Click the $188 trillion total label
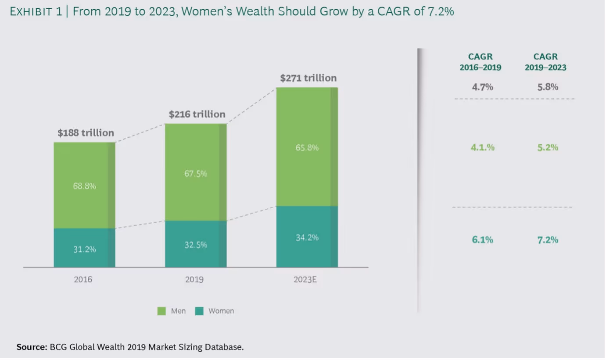coord(86,133)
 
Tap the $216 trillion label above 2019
coord(197,114)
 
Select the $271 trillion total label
coord(308,78)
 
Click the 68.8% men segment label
coord(84,186)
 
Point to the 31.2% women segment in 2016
coord(84,249)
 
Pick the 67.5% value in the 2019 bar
coord(196,174)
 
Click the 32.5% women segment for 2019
coord(196,245)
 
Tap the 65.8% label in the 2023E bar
coord(307,148)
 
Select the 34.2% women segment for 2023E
coord(307,238)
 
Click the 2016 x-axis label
coord(83,279)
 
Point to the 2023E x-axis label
coord(305,279)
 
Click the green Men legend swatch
coord(161,311)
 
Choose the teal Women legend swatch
coord(199,311)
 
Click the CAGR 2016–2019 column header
coord(480,62)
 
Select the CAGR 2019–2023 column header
coord(545,62)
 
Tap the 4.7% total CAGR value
coord(483,87)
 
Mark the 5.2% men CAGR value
coord(548,147)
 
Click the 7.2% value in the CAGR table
coord(548,240)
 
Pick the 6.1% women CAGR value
coord(483,240)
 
